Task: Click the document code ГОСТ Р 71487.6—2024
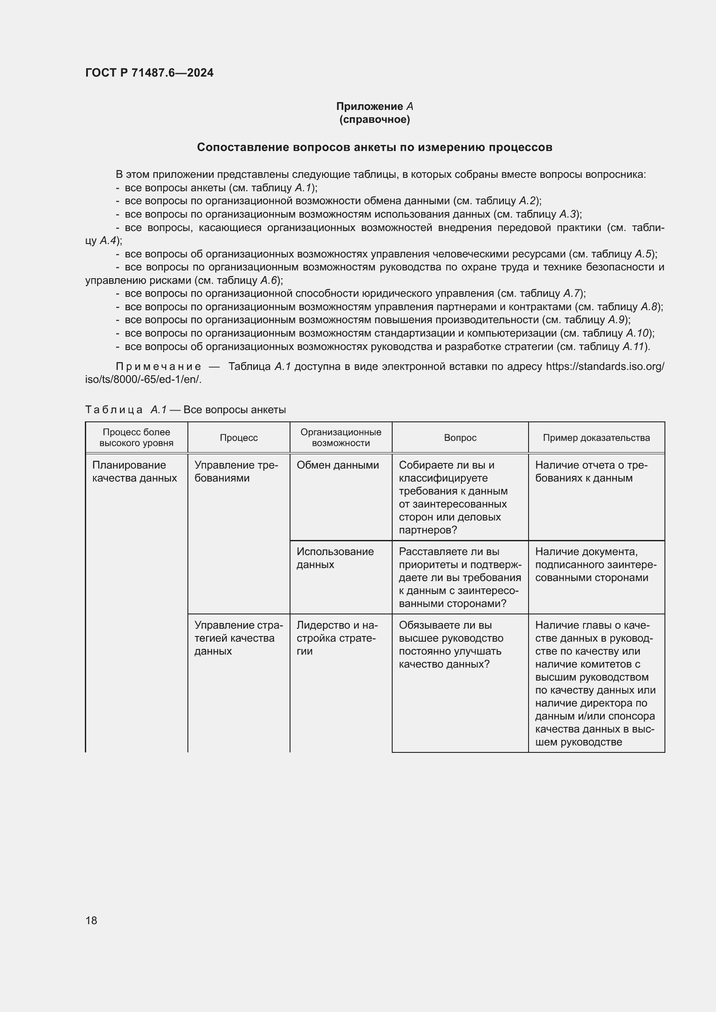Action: (149, 73)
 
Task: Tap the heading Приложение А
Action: (374, 106)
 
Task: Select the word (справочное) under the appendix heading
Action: (374, 120)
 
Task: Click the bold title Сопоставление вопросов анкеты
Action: (374, 147)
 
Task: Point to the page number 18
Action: (91, 920)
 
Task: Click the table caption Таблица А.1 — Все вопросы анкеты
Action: (185, 410)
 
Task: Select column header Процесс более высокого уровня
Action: (136, 438)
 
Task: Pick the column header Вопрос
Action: (460, 438)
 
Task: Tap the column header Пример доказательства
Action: (596, 438)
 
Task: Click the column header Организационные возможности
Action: (341, 438)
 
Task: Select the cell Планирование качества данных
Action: (135, 472)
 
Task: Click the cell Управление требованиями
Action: (236, 472)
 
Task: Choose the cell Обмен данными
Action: (338, 465)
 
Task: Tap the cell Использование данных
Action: (335, 558)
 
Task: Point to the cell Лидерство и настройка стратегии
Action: (337, 638)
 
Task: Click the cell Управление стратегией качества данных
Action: (236, 638)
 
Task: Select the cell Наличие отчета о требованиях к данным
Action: (591, 472)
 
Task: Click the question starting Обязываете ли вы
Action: (451, 644)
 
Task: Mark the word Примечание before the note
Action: (158, 367)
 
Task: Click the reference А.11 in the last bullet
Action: (634, 347)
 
